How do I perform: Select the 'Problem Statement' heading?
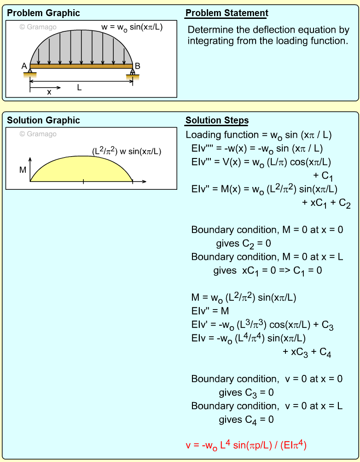coord(226,13)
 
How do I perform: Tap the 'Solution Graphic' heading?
coord(43,120)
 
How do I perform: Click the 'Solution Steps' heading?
coord(217,121)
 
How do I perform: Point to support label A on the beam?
coord(24,66)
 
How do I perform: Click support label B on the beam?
coord(137,66)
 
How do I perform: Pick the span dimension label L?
coord(79,87)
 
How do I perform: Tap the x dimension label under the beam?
coord(49,92)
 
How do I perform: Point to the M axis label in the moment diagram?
coord(23,170)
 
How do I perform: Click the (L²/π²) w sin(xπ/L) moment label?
coord(127,151)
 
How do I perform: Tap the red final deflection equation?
coord(246,445)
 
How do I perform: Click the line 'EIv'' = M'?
coord(210,311)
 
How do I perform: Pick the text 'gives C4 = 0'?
coord(246,420)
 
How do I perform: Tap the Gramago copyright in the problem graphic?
coord(38,27)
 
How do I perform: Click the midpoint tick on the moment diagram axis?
coord(83,181)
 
